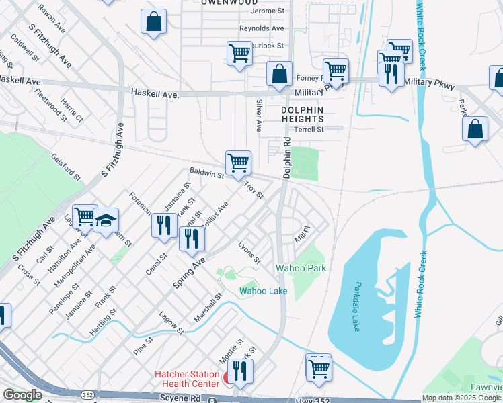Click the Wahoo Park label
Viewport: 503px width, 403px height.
point(301,268)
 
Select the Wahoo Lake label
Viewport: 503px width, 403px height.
point(264,291)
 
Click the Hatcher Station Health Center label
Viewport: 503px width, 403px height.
point(187,379)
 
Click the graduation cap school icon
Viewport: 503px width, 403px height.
point(106,220)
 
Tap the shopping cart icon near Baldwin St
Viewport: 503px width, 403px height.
point(238,163)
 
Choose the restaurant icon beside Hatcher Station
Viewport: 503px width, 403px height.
point(239,371)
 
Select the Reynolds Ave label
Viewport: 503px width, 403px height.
point(262,28)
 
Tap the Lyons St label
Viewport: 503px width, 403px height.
point(249,253)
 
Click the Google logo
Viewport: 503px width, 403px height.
point(22,395)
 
